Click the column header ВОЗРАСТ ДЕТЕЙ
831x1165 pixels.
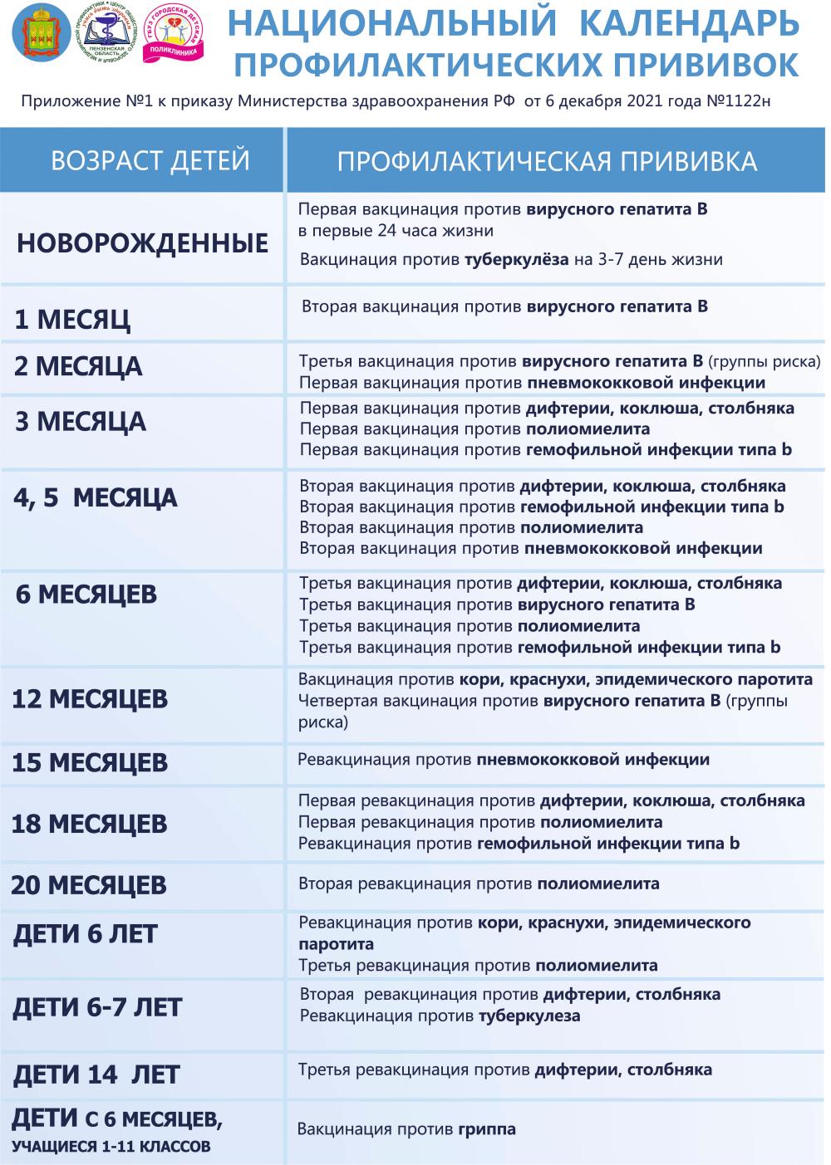(x=150, y=159)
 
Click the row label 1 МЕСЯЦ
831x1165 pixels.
(x=73, y=320)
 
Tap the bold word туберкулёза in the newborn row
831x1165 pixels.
(x=516, y=260)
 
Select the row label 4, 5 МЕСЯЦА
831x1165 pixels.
(x=96, y=498)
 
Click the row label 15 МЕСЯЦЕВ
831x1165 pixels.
(x=90, y=762)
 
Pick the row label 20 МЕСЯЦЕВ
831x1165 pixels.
(x=89, y=885)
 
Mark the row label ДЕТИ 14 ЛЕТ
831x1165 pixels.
(x=96, y=1075)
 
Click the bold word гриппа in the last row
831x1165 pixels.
(x=486, y=1129)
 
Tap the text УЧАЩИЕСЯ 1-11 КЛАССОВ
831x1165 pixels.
(x=111, y=1148)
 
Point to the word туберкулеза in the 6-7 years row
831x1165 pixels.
(x=529, y=1016)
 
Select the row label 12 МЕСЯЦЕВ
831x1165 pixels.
(x=90, y=699)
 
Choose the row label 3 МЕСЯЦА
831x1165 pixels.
(x=81, y=422)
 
